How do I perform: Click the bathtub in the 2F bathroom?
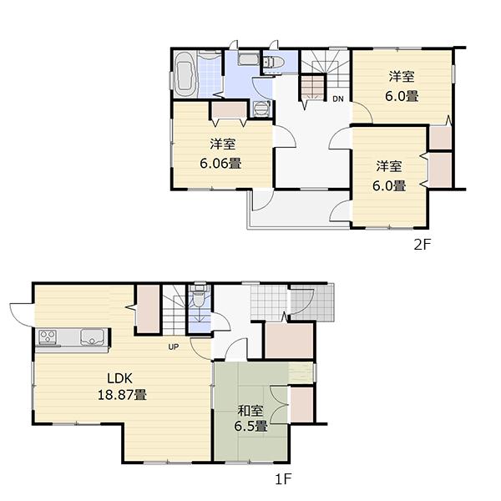pyautogui.click(x=186, y=74)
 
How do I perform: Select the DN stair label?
pyautogui.click(x=338, y=99)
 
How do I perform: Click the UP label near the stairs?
pyautogui.click(x=174, y=347)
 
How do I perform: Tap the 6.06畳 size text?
pyautogui.click(x=220, y=163)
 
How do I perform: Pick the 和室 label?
pyautogui.click(x=250, y=410)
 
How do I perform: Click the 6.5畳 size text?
pyautogui.click(x=250, y=427)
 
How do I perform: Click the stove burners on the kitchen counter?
pyautogui.click(x=48, y=337)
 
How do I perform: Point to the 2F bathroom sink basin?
pyautogui.click(x=247, y=59)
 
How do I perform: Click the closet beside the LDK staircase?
pyautogui.click(x=149, y=307)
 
